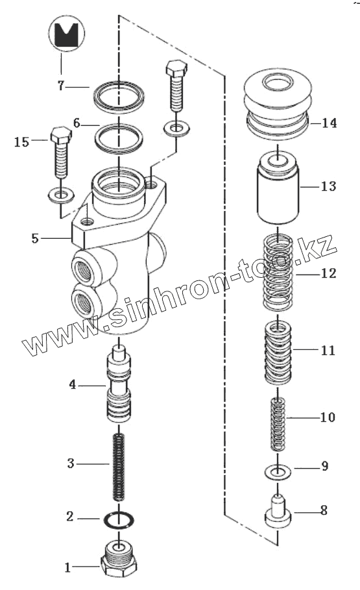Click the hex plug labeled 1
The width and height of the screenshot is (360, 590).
point(119,561)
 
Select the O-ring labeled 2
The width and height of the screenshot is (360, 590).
point(119,519)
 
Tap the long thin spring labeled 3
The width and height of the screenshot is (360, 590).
point(119,467)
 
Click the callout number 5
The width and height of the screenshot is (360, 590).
point(35,238)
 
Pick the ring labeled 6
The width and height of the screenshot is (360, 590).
point(119,139)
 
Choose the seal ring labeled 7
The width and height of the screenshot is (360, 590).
point(119,97)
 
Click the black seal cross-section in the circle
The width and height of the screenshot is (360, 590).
point(66,34)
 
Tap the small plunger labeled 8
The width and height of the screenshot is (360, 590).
point(278,512)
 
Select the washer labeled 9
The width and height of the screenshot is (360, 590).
point(278,471)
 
